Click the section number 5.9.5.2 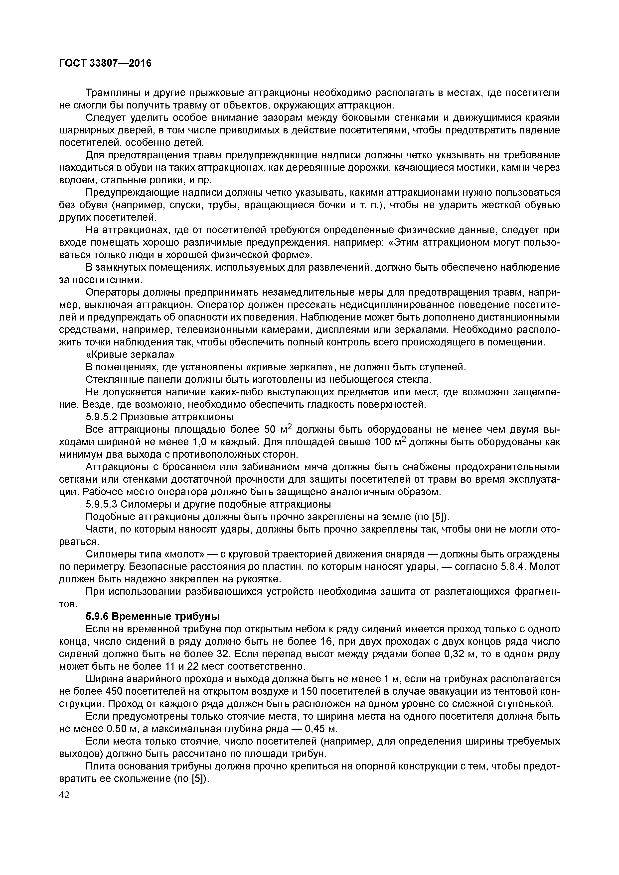click(101, 417)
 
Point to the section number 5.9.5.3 click(101, 504)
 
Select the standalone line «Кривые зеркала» click(130, 354)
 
